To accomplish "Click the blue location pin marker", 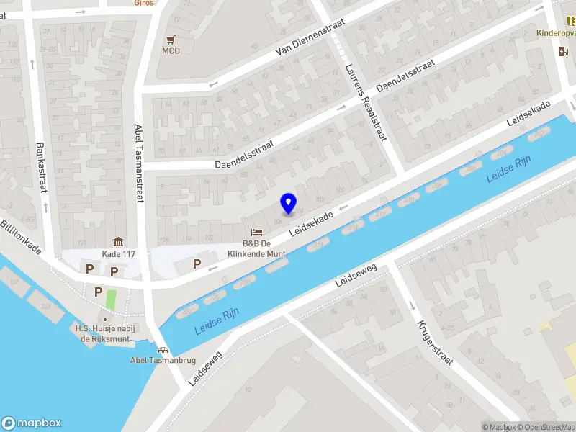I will [289, 203].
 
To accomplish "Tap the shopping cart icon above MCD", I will [171, 39].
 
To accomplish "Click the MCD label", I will [171, 50].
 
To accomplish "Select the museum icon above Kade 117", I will [118, 242].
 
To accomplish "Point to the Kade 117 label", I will [119, 254].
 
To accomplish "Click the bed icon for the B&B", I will [256, 232].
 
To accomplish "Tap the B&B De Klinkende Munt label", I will [257, 248].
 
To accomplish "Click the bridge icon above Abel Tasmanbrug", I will [163, 349].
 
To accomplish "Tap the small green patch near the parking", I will [111, 298].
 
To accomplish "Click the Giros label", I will [144, 2].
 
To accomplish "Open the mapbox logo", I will [32, 423].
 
